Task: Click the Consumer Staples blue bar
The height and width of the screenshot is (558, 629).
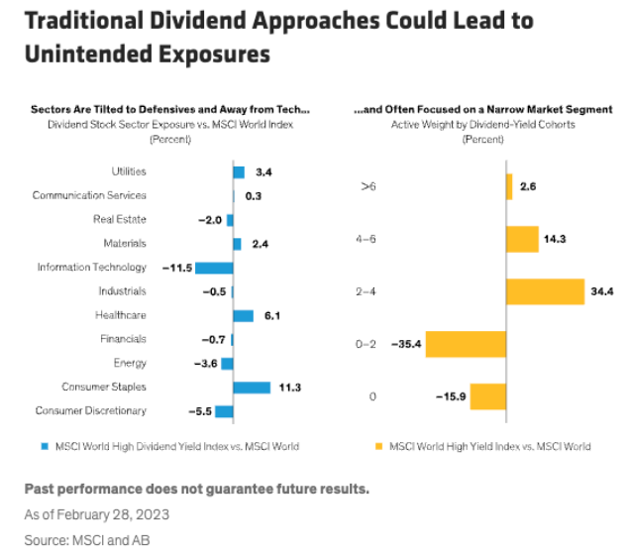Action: (252, 388)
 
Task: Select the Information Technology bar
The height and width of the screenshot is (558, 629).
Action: (214, 268)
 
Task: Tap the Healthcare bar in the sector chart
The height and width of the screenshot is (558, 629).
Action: (243, 315)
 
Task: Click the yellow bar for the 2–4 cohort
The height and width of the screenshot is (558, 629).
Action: (545, 291)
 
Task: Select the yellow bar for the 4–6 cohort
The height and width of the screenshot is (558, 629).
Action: (521, 239)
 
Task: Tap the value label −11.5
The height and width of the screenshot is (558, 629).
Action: (171, 268)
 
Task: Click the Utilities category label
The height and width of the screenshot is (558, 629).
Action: (129, 172)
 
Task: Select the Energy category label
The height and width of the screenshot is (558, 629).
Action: (130, 363)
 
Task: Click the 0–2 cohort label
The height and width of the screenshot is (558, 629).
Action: (371, 344)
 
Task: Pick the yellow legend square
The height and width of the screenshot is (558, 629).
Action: (378, 446)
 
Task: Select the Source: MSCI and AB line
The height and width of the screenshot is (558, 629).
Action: (88, 540)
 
